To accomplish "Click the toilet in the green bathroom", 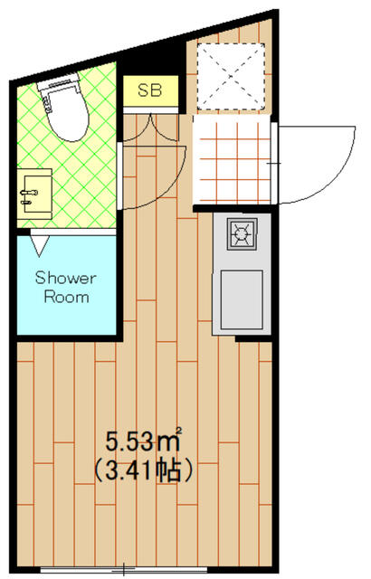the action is [x=64, y=107].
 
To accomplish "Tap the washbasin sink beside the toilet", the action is [x=34, y=194].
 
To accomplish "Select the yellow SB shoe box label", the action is [x=150, y=90].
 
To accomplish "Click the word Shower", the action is [x=65, y=278].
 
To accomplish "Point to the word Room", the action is [x=66, y=297].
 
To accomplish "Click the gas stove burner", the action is [x=242, y=233].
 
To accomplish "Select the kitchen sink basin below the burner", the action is [x=242, y=299].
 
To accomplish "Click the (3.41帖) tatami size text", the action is [x=144, y=470].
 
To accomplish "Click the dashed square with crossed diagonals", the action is [x=231, y=76].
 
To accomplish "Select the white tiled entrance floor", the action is [x=232, y=159].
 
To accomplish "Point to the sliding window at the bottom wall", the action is [x=124, y=569].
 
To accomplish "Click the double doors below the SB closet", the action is [x=150, y=128].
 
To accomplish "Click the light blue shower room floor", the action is [x=67, y=285].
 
